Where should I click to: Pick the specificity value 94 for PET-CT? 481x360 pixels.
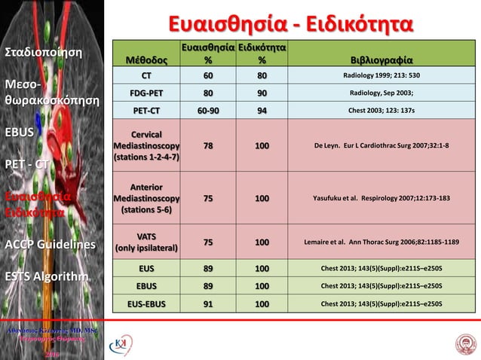click(x=261, y=110)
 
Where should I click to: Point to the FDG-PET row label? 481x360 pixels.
click(x=146, y=93)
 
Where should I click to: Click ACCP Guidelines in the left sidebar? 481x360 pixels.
click(x=50, y=245)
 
